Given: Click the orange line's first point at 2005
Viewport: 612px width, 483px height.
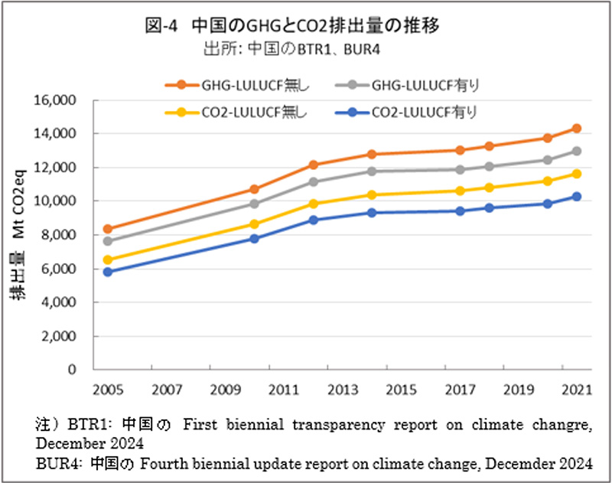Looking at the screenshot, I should click(109, 229).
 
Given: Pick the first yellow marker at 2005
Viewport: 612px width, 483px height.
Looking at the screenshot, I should click(109, 260).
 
